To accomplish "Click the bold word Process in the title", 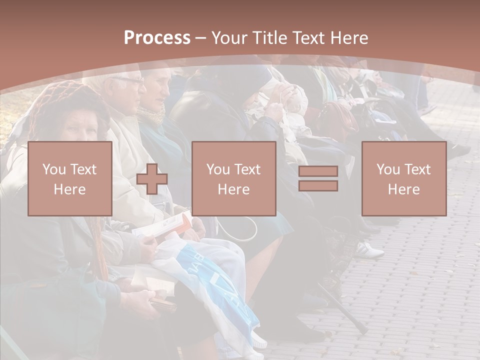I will click(x=157, y=38).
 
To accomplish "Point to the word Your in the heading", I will click(x=230, y=38).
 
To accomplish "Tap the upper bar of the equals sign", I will click(x=318, y=171).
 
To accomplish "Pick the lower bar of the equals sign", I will click(x=318, y=186).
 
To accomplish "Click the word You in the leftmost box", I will click(x=53, y=169).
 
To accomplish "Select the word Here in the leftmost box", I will click(x=69, y=189).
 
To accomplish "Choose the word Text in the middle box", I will click(x=247, y=169).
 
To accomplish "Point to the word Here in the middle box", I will click(x=233, y=189).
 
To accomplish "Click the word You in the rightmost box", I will click(x=388, y=169).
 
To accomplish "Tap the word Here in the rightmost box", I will click(x=403, y=189).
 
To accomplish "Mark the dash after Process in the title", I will click(x=200, y=38).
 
